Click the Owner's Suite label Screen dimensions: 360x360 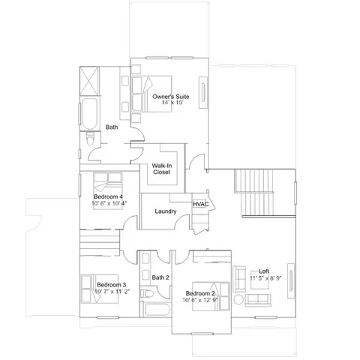pos(171,97)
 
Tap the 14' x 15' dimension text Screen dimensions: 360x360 pos(172,103)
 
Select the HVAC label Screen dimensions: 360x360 pos(200,204)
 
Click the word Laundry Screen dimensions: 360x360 pos(166,211)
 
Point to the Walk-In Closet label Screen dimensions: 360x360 pos(162,169)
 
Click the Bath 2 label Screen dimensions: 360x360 pos(160,277)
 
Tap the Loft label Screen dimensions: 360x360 pos(264,271)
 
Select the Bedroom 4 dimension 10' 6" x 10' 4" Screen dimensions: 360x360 pos(109,203)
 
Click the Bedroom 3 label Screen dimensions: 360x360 pos(112,285)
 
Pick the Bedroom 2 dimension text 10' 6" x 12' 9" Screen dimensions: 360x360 pos(200,300)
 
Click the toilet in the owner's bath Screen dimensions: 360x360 pos(90,139)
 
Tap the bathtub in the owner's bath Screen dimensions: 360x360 pos(89,114)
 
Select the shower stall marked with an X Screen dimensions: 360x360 pos(89,81)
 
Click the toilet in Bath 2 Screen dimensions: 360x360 pos(147,293)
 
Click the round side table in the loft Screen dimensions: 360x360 pos(238,299)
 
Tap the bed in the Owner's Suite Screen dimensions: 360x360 pos(151,94)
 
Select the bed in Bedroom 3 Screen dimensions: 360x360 pos(100,289)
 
